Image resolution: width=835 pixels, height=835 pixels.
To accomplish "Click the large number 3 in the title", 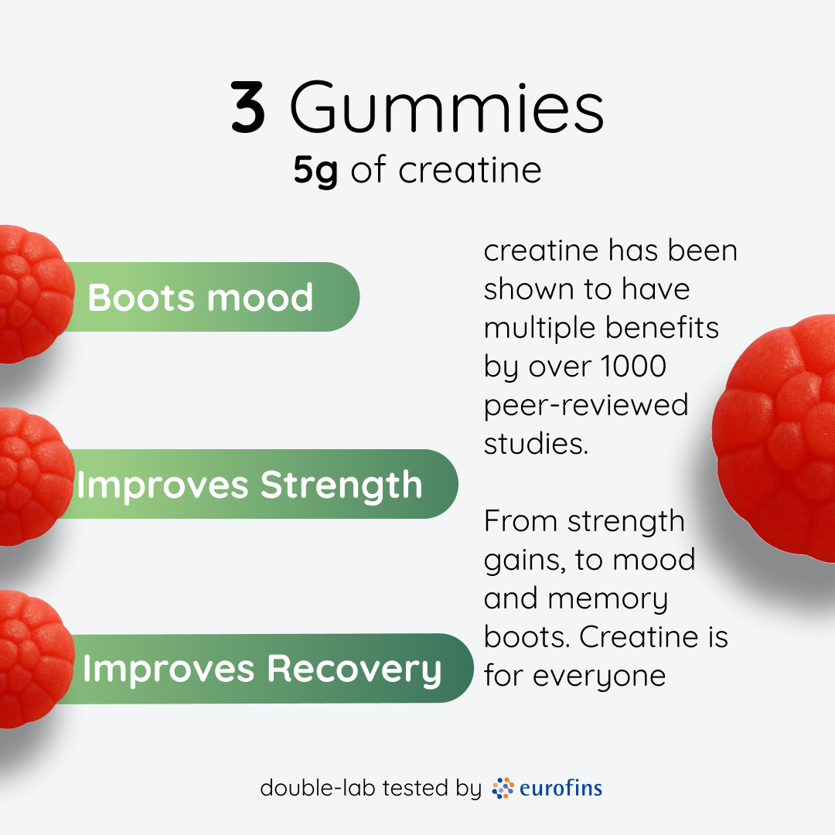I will pyautogui.click(x=249, y=110).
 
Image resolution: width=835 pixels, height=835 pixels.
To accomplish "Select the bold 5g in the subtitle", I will pyautogui.click(x=315, y=171).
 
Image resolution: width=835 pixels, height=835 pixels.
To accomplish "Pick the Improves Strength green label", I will pyautogui.click(x=255, y=485).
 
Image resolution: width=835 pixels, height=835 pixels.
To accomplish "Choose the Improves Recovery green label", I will pyautogui.click(x=263, y=669).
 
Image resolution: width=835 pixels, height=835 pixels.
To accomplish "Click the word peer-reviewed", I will pyautogui.click(x=585, y=404).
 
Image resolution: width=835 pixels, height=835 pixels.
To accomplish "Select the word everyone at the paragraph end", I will pyautogui.click(x=598, y=676).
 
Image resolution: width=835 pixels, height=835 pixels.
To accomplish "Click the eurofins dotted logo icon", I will pyautogui.click(x=503, y=788).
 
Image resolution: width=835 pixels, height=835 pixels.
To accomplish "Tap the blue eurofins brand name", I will pyautogui.click(x=561, y=788).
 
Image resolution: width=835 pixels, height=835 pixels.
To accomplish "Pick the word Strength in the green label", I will pyautogui.click(x=341, y=485).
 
